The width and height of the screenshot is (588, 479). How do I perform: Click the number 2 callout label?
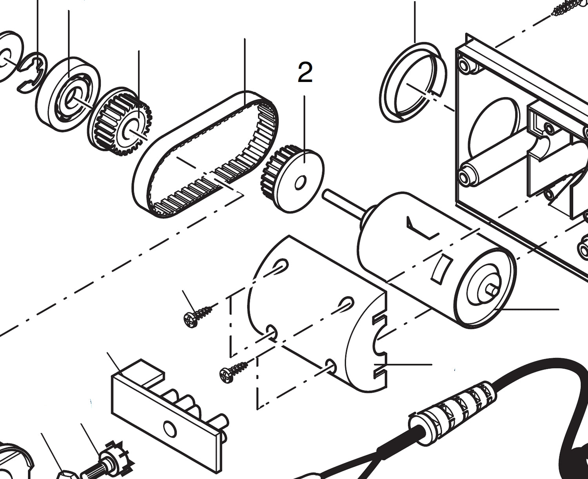pos(305,73)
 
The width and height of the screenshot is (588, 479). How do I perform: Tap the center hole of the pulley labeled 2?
pos(301,183)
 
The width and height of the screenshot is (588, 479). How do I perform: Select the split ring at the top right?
pos(412,82)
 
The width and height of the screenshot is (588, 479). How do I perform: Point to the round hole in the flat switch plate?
pos(170,428)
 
